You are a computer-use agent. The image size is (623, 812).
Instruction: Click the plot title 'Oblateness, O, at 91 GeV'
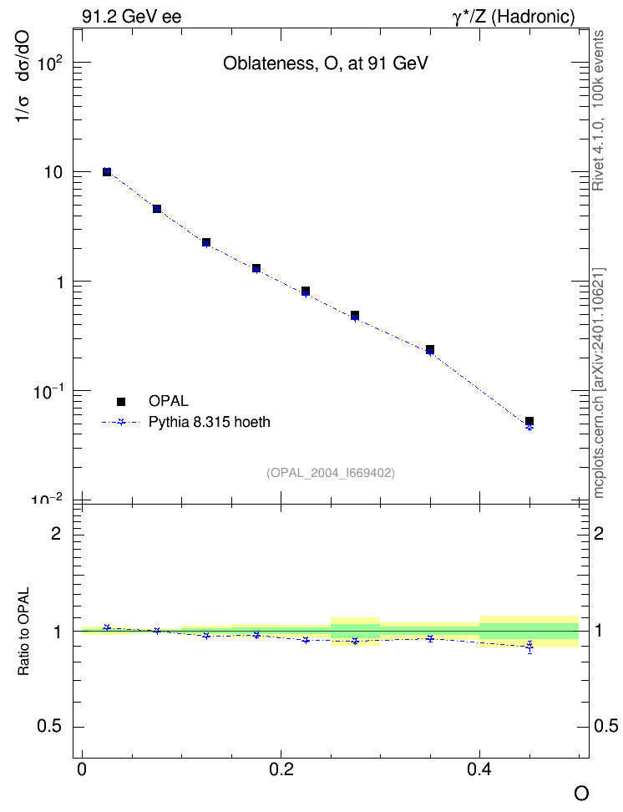[x=325, y=63]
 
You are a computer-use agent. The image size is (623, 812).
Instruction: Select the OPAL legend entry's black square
[x=121, y=401]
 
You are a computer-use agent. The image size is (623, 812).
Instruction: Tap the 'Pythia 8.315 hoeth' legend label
[x=210, y=422]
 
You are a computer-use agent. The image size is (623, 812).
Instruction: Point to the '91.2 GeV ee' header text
[x=132, y=17]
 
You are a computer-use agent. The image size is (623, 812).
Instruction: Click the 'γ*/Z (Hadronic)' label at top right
[x=514, y=17]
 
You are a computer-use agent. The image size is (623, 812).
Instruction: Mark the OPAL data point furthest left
[x=107, y=171]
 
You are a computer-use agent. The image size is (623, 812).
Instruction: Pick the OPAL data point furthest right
[x=529, y=421]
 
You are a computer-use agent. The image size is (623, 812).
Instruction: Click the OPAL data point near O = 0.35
[x=430, y=349]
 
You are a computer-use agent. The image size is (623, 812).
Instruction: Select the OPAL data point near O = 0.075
[x=157, y=209]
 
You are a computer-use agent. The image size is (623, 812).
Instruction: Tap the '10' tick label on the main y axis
[x=53, y=172]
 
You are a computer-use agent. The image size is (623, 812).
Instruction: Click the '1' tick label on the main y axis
[x=60, y=282]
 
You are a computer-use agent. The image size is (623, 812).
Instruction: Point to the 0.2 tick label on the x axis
[x=281, y=769]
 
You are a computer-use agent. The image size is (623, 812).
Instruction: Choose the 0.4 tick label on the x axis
[x=479, y=769]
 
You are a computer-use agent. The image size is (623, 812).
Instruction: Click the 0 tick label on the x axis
[x=82, y=769]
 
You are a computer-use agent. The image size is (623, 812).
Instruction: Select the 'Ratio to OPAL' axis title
[x=23, y=632]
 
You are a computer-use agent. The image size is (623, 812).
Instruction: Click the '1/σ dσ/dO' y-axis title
[x=23, y=76]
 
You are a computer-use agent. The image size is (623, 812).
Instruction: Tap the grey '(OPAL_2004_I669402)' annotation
[x=331, y=473]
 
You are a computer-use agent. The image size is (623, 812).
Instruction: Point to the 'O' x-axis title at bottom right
[x=581, y=794]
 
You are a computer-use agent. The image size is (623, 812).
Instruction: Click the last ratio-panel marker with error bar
[x=529, y=647]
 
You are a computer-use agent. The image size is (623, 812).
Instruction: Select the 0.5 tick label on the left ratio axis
[x=50, y=727]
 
